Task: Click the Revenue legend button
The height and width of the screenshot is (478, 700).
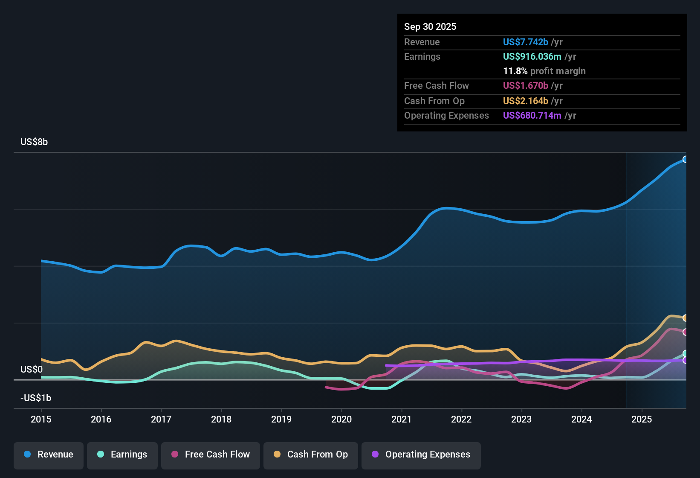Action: [49, 455]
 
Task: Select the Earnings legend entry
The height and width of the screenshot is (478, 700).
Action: [122, 455]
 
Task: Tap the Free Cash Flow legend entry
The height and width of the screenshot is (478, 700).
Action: [211, 455]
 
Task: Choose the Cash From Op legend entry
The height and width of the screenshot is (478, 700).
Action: [311, 455]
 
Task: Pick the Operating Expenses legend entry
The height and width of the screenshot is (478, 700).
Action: [421, 455]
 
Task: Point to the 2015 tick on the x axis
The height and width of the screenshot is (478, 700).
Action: [41, 419]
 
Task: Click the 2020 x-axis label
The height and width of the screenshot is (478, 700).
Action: [341, 419]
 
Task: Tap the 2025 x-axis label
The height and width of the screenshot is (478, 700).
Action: [642, 419]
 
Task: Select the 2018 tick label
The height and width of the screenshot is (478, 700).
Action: [221, 419]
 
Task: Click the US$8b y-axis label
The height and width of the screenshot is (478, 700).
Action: [34, 142]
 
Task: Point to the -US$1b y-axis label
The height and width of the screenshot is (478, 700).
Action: [36, 398]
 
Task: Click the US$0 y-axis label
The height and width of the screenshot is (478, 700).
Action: [32, 370]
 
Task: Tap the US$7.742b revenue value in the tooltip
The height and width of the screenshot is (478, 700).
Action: [525, 42]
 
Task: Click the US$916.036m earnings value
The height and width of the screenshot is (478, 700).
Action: [532, 57]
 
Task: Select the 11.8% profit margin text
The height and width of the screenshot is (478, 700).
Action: [544, 71]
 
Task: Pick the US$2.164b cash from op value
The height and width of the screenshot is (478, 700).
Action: [525, 101]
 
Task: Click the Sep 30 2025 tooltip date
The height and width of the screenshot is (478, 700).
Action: [430, 27]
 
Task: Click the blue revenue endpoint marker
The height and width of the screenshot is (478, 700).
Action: [686, 160]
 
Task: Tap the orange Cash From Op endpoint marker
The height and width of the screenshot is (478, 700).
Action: [686, 318]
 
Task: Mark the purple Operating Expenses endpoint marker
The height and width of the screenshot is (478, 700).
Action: [686, 361]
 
